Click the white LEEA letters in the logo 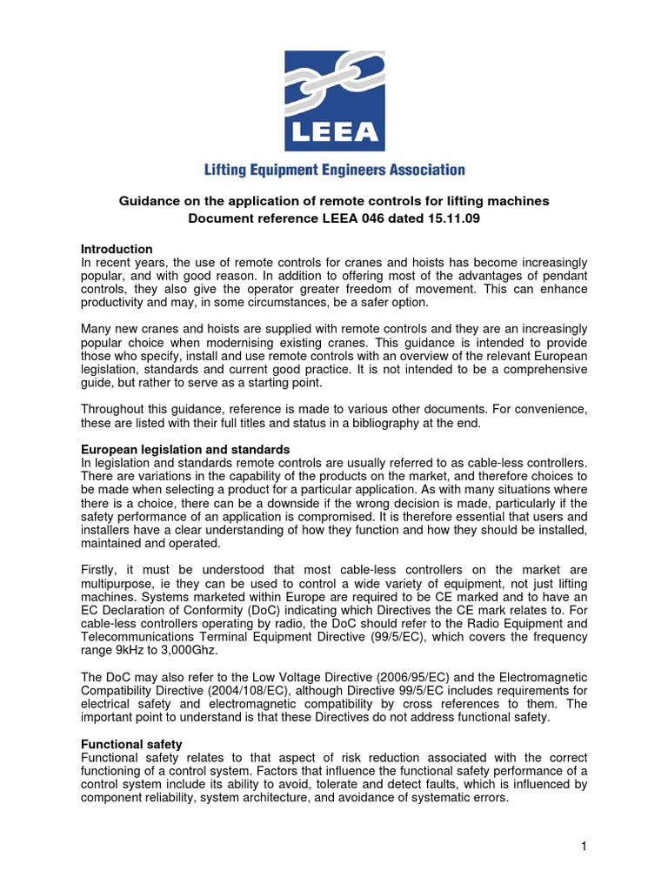pyautogui.click(x=334, y=131)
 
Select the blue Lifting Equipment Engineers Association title pyautogui.click(x=334, y=171)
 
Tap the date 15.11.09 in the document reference pyautogui.click(x=454, y=218)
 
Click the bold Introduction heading pyautogui.click(x=117, y=250)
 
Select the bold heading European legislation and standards pyautogui.click(x=185, y=450)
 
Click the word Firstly pyautogui.click(x=100, y=570)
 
